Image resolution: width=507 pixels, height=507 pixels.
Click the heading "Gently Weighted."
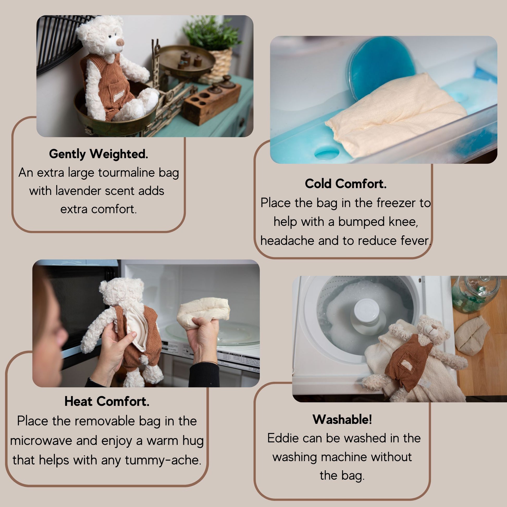pyautogui.click(x=98, y=154)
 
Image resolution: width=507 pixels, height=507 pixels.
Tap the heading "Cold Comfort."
pyautogui.click(x=345, y=184)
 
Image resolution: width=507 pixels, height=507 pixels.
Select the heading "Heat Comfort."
pyautogui.click(x=107, y=401)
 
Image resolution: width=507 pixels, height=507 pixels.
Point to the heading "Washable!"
pyautogui.click(x=342, y=419)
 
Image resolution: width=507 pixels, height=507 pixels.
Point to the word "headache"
pyautogui.click(x=287, y=241)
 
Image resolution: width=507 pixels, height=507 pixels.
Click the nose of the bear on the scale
pyautogui.click(x=120, y=42)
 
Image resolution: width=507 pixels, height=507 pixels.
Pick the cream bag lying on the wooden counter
pyautogui.click(x=472, y=336)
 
